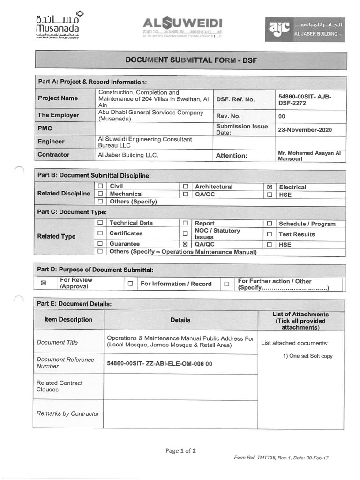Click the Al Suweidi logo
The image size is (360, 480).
click(182, 27)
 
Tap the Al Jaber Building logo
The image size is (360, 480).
click(305, 30)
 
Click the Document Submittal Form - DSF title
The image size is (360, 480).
click(191, 60)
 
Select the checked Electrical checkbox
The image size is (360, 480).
click(270, 187)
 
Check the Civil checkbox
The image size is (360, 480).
click(100, 187)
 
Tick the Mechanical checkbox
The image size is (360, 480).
click(100, 194)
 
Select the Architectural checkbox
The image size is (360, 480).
click(186, 187)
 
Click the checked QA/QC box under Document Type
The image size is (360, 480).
click(186, 244)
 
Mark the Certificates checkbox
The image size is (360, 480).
click(100, 233)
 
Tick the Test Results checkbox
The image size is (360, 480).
click(270, 234)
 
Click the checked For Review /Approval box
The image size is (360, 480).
click(44, 283)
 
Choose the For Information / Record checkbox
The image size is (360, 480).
click(130, 284)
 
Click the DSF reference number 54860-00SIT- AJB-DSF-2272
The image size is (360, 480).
click(305, 100)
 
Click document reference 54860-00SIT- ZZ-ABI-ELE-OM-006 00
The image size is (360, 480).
click(159, 363)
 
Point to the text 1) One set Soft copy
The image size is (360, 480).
click(307, 356)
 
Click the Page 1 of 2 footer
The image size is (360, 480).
click(180, 451)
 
